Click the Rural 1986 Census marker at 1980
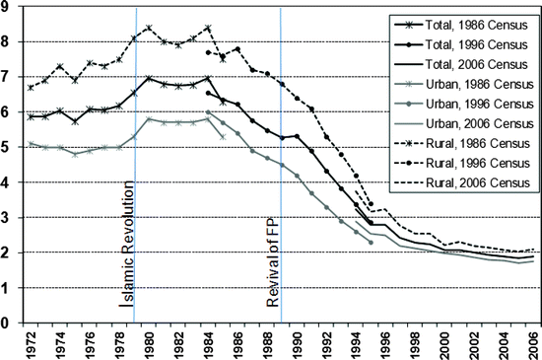tap(149, 28)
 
